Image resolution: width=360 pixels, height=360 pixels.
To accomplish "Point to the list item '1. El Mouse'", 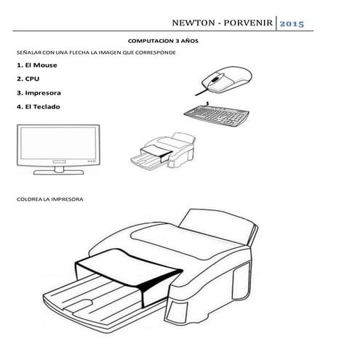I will tap(36, 65).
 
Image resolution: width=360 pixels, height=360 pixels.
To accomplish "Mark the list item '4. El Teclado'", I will tap(39, 107).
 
